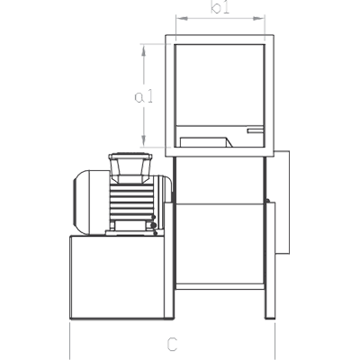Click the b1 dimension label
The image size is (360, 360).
220,7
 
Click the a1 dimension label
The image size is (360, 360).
144,96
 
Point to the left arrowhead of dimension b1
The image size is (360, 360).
182,19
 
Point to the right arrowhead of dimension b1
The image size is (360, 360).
259,19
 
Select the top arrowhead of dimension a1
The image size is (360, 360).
144,50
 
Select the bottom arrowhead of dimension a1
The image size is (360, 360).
144,141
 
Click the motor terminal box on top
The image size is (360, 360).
130,167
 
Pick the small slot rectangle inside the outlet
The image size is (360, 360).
256,130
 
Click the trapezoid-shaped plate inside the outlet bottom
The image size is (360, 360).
206,142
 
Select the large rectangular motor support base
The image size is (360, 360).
117,277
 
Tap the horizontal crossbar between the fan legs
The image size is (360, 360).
220,286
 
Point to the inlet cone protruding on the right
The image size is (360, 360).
283,202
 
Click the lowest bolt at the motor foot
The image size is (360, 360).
155,233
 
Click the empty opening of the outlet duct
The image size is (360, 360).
220,85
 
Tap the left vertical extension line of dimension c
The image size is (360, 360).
69,341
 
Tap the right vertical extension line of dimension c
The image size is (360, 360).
274,341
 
